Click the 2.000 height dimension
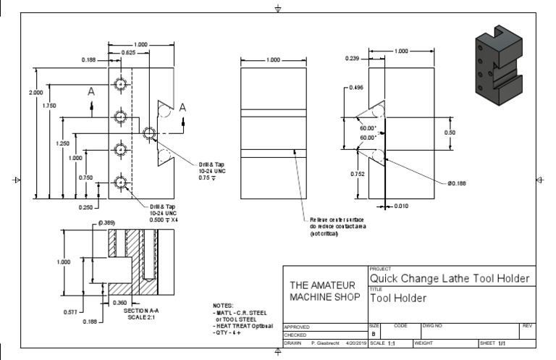coord(34,93)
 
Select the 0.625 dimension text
coord(128,53)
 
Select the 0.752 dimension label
coord(358,174)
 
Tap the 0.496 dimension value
coord(355,88)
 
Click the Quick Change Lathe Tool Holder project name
coord(450,278)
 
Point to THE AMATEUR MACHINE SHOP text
coord(324,291)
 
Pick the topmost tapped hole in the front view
coord(120,84)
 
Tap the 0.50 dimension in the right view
coord(450,133)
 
